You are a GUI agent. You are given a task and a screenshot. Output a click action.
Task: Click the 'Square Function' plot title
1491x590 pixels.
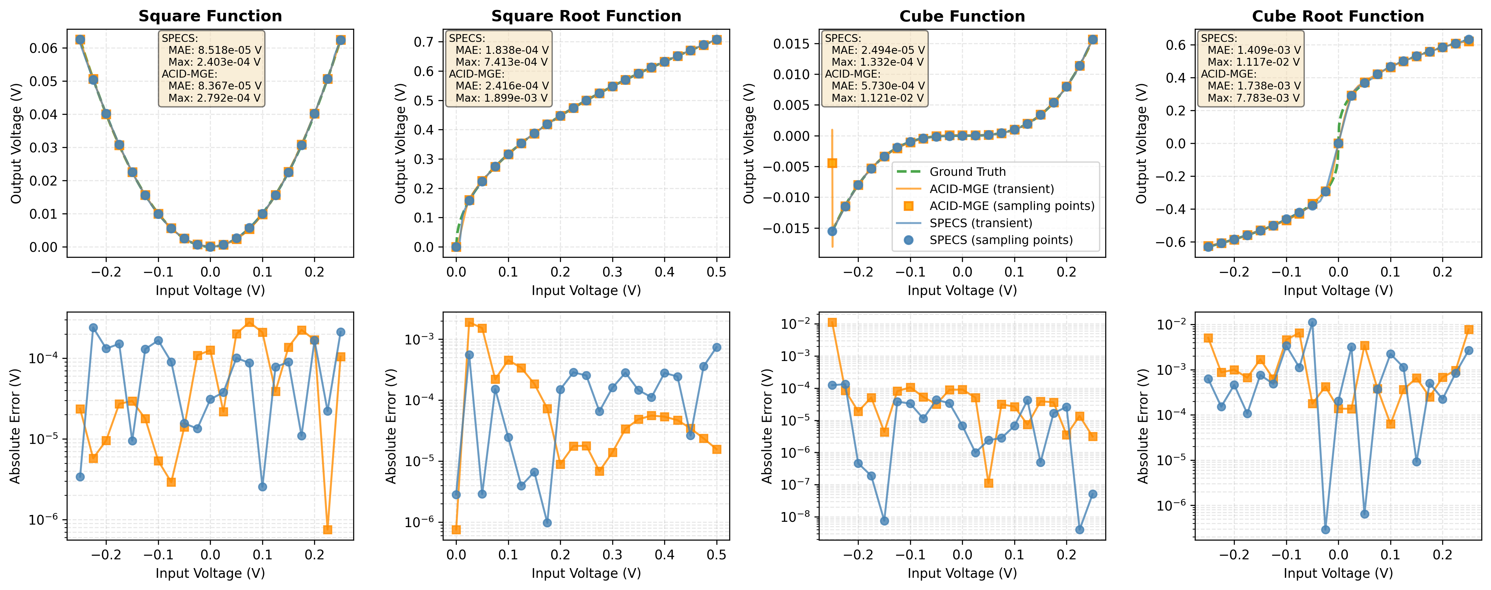coord(210,16)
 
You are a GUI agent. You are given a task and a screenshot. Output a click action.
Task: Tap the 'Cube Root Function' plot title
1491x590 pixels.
coord(1338,16)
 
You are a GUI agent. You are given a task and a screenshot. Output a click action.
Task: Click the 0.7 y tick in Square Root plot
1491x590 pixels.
coord(424,42)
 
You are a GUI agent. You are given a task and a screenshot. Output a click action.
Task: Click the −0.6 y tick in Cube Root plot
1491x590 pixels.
coord(1173,242)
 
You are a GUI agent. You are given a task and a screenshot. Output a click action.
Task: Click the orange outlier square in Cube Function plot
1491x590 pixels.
coord(832,163)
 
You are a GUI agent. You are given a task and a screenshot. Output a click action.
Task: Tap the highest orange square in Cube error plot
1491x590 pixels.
coord(832,323)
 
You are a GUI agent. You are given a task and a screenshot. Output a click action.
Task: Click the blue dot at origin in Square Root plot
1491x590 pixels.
coord(456,247)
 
